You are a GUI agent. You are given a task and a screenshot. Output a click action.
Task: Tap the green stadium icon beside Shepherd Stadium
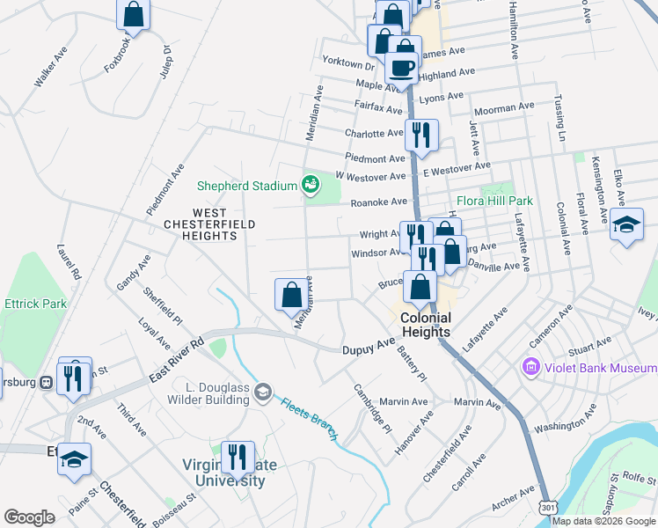[x=310, y=185]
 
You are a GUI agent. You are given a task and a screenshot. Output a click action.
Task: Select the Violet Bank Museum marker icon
[x=531, y=366]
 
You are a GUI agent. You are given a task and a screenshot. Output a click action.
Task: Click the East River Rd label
[x=176, y=359]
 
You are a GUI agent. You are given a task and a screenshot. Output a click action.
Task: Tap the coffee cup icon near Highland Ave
[x=402, y=69]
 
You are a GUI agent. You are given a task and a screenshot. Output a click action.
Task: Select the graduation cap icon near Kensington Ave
[x=628, y=224]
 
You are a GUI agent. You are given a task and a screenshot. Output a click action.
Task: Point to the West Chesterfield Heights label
[x=209, y=219]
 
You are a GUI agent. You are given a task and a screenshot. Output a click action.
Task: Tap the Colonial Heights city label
[x=426, y=325]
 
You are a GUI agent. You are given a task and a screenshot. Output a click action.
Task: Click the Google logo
[x=30, y=517]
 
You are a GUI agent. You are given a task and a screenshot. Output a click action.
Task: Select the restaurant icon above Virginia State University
[x=238, y=457]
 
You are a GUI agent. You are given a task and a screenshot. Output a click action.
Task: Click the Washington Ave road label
[x=565, y=427]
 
